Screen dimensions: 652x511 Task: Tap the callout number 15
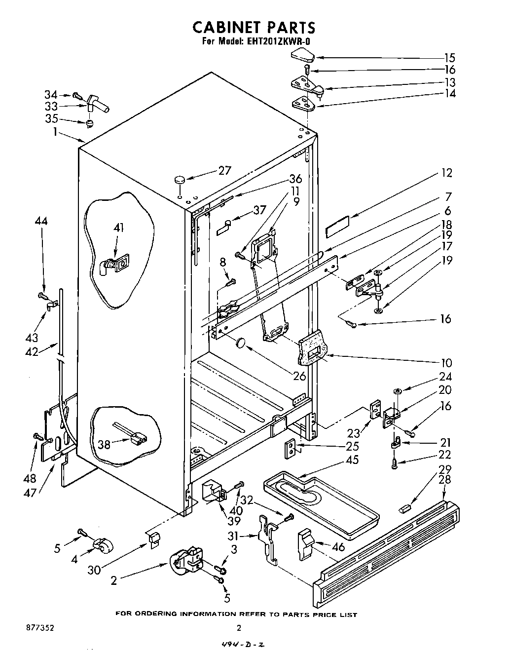[x=449, y=58]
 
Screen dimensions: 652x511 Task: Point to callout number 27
[x=225, y=171]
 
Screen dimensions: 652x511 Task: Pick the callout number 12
[x=446, y=173]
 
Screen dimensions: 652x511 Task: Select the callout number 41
[x=118, y=228]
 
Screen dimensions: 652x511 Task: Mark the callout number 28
[x=446, y=480]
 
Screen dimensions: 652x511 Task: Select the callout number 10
[x=446, y=362]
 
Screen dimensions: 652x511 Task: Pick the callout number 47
[x=30, y=492]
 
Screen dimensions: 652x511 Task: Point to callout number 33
[x=51, y=106]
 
